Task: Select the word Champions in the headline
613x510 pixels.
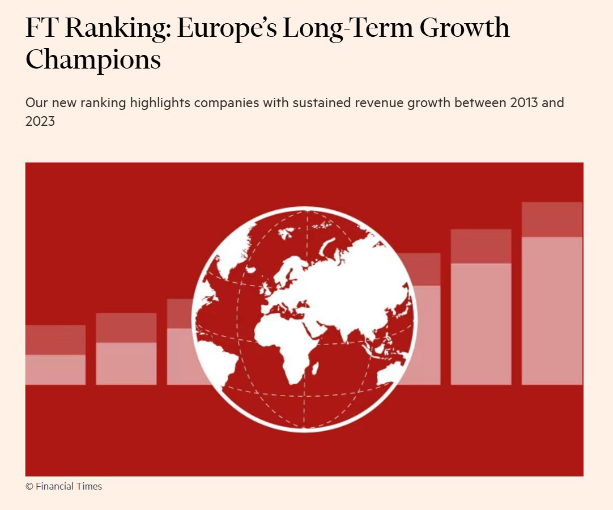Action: click(x=93, y=59)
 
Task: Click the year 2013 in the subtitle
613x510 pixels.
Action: click(x=522, y=103)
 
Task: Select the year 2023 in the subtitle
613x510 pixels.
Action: click(x=40, y=121)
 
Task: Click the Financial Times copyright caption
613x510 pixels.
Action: click(x=64, y=486)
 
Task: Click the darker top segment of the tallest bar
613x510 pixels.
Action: click(x=552, y=220)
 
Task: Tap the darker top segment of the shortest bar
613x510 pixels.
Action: click(x=56, y=340)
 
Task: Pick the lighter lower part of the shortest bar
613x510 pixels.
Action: click(x=56, y=370)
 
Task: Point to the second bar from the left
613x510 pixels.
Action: click(x=126, y=349)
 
